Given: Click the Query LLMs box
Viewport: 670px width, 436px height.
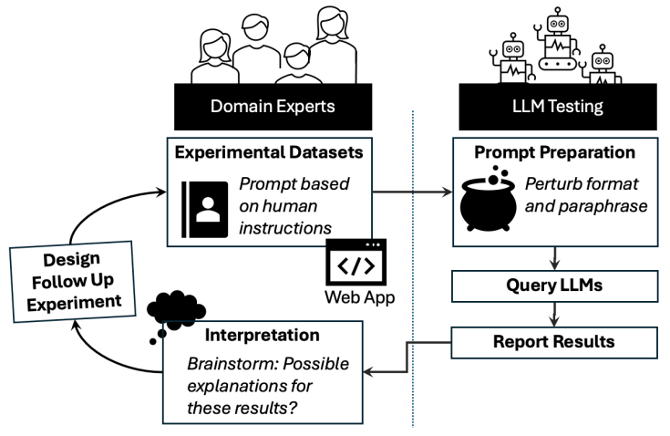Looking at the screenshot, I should pyautogui.click(x=553, y=286).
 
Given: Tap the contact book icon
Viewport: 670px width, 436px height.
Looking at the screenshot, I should pyautogui.click(x=203, y=204).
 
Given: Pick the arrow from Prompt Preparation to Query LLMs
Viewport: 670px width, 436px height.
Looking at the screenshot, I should pyautogui.click(x=553, y=258).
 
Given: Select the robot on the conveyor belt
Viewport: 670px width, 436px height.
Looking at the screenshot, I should pyautogui.click(x=557, y=42).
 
